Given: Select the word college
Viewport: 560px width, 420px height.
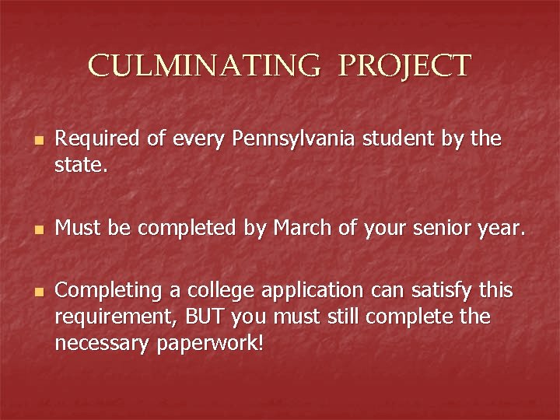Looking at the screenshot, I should coord(215,291).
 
